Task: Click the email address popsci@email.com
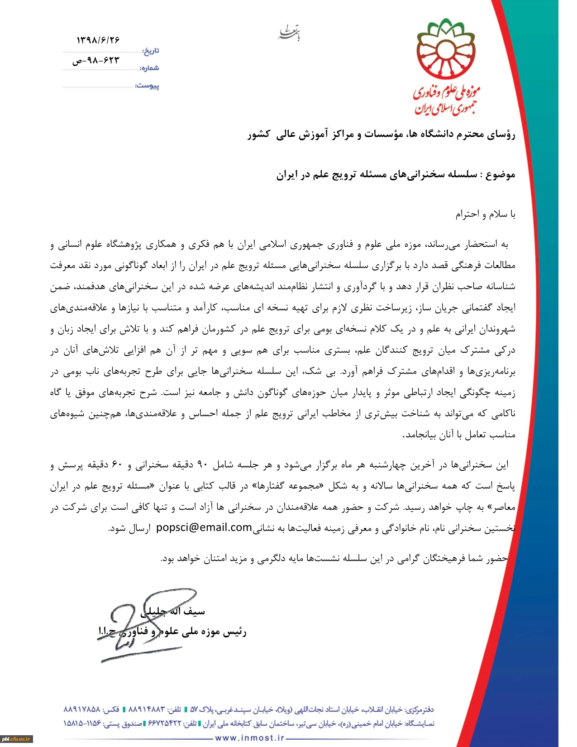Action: click(x=204, y=527)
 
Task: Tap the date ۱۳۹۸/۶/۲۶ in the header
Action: click(x=98, y=40)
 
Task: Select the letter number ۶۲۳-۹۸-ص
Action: click(x=96, y=60)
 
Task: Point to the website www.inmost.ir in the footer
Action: click(x=250, y=738)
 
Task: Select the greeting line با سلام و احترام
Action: click(x=485, y=214)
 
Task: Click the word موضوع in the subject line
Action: click(x=501, y=175)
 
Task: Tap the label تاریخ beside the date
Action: click(x=151, y=51)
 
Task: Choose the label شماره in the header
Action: click(x=150, y=68)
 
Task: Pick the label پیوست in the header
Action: click(x=148, y=86)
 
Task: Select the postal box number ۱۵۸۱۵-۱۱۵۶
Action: click(x=82, y=723)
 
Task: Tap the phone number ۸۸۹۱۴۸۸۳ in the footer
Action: click(x=147, y=709)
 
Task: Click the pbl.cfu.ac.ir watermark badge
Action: click(x=17, y=739)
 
